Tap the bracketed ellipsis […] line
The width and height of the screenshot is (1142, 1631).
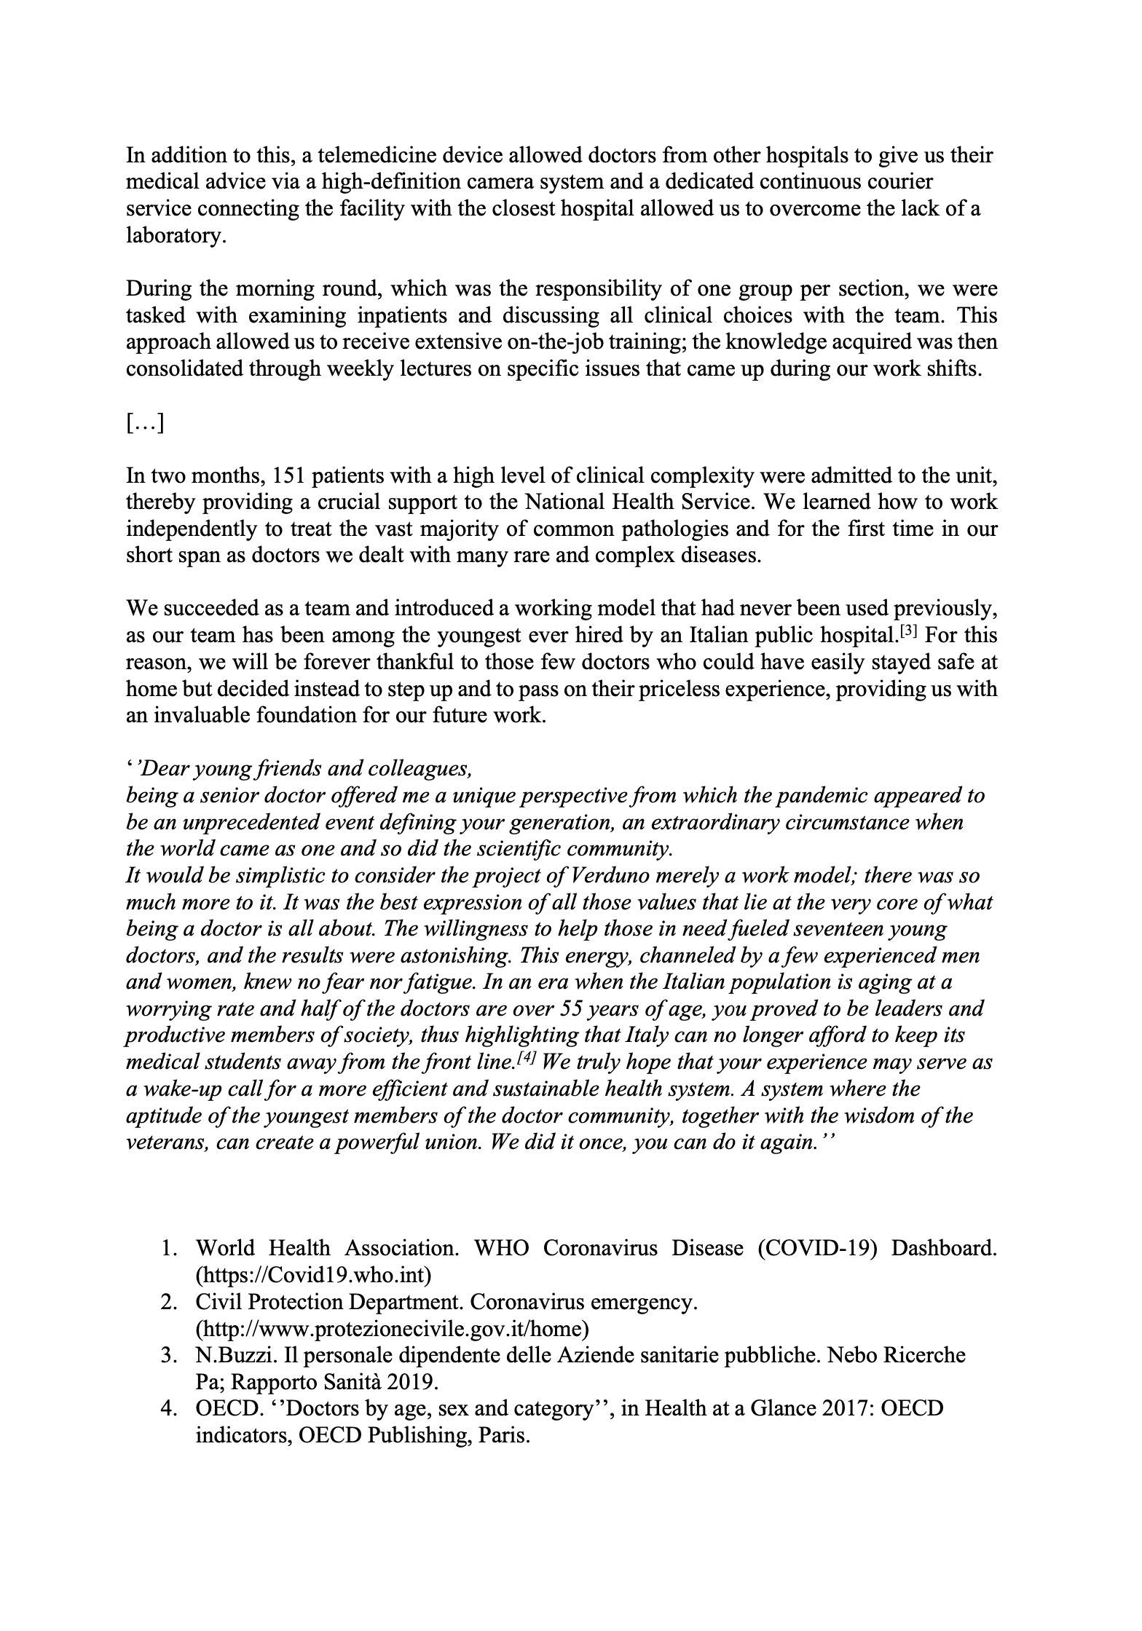pyautogui.click(x=145, y=423)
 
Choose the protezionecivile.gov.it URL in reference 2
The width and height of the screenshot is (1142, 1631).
pyautogui.click(x=392, y=1329)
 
